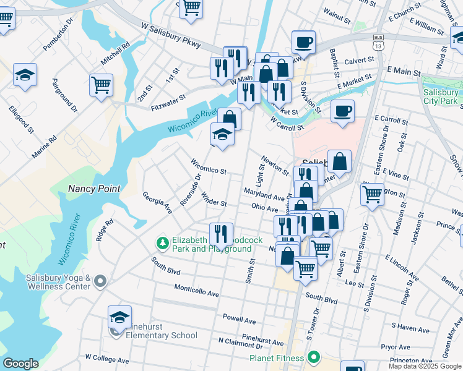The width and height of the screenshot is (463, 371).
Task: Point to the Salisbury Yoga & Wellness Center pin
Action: coord(100,282)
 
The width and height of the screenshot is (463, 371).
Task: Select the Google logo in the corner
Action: coord(21,364)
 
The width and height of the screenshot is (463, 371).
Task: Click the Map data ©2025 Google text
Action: coord(425,366)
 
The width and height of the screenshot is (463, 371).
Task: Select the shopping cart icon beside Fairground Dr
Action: coord(101,85)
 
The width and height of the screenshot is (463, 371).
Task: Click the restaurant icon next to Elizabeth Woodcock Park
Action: coord(221,233)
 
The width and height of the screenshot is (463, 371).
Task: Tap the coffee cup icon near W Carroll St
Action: coord(342,111)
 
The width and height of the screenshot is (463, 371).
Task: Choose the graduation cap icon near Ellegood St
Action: coord(25,75)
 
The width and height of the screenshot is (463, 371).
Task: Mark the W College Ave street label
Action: coord(106,359)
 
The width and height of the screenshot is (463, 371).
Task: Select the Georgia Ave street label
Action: coord(157,203)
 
